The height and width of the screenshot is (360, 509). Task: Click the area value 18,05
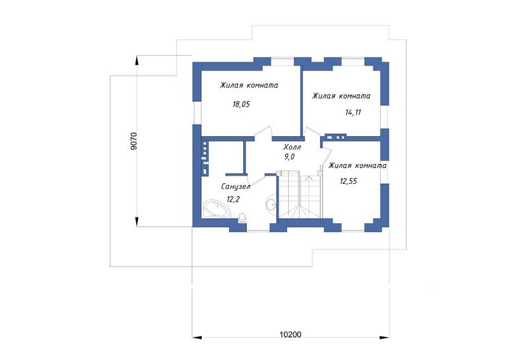(x=241, y=104)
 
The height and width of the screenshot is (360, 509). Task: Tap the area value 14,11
(x=353, y=113)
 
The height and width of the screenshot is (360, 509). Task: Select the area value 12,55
(x=348, y=181)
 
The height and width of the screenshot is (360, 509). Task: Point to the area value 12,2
(x=233, y=199)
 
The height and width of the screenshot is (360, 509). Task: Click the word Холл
(x=292, y=147)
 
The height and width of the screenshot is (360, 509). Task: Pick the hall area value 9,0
(x=289, y=157)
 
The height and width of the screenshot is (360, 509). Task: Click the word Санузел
(x=235, y=186)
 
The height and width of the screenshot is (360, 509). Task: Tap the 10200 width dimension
(x=291, y=335)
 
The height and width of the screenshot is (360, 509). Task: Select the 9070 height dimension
(x=134, y=141)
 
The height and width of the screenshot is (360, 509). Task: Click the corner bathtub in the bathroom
(x=216, y=209)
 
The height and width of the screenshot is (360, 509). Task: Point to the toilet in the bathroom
(x=242, y=218)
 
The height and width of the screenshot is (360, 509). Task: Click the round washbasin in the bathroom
(x=271, y=204)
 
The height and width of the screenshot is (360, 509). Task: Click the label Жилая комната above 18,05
(x=249, y=85)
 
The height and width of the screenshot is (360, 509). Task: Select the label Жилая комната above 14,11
(x=341, y=96)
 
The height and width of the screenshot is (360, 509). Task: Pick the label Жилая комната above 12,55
(x=358, y=165)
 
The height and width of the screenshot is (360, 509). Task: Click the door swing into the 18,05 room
(x=263, y=132)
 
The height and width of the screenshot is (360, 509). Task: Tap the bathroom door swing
(x=256, y=180)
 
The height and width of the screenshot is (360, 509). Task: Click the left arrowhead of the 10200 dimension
(x=197, y=338)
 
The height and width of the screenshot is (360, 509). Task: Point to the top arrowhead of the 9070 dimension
(x=137, y=61)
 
